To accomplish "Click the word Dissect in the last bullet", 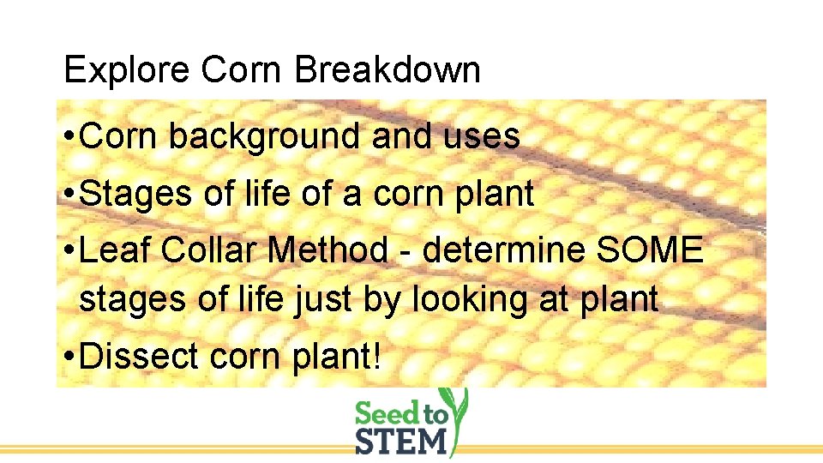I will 132,357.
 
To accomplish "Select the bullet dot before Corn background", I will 69,137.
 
